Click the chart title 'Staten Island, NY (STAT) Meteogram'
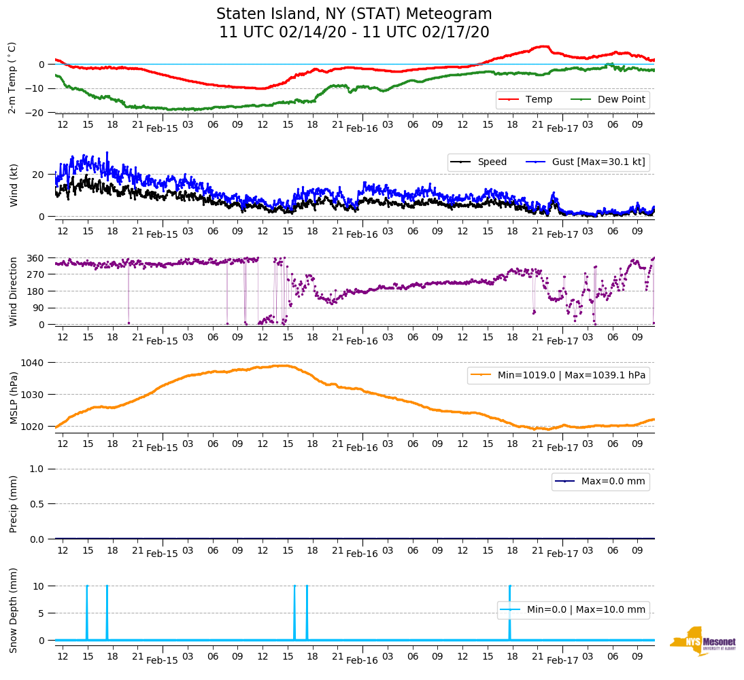click(x=354, y=14)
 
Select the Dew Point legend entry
click(x=622, y=100)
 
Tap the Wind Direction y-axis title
click(x=13, y=291)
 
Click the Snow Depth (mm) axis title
click(x=13, y=610)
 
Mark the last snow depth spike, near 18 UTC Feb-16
click(x=509, y=611)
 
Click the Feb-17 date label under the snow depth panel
click(x=562, y=660)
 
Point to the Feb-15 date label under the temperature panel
click(x=162, y=128)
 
